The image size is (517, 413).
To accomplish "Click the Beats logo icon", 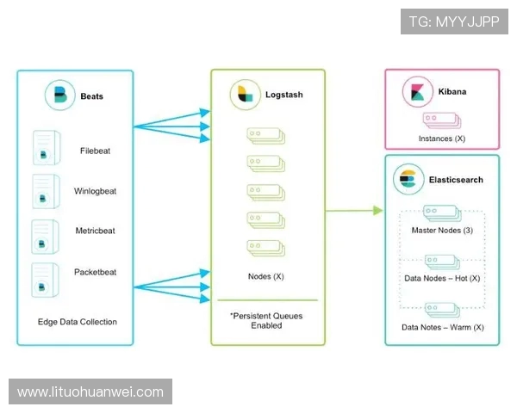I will (x=59, y=96).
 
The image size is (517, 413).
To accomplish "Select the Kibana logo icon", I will (x=417, y=91).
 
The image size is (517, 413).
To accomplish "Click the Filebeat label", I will (x=95, y=151).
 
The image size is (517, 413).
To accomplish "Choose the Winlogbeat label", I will (x=95, y=191).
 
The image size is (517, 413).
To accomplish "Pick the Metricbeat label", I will (x=95, y=231).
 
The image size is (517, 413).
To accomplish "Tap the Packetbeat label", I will (x=95, y=272).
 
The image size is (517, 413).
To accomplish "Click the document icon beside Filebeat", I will (x=45, y=151).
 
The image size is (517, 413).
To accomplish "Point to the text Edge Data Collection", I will (x=78, y=322).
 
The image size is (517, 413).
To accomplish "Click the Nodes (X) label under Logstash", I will (x=265, y=276).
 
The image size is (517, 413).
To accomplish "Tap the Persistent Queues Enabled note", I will (x=266, y=321).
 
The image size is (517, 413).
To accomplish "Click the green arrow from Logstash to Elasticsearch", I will (x=353, y=210).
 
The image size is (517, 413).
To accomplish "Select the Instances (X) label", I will (x=441, y=139).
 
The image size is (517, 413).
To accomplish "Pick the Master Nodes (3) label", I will (x=442, y=230).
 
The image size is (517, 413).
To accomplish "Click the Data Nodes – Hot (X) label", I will (x=442, y=279).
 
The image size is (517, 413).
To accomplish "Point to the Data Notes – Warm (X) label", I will (x=442, y=327).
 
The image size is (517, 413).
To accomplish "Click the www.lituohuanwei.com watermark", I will (x=90, y=392).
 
